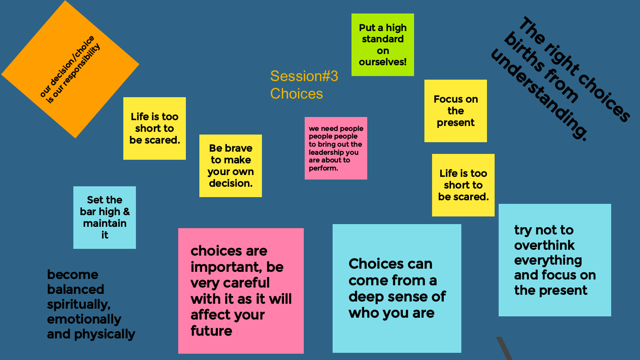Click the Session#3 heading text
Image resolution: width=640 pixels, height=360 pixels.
[304, 76]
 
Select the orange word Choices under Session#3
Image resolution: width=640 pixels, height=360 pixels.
[297, 94]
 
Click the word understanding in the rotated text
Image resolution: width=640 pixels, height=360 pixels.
[539, 95]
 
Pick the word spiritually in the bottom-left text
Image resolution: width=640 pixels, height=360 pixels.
[79, 305]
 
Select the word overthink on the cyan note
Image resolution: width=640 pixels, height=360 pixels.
[544, 245]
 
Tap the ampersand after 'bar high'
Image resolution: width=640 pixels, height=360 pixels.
[126, 211]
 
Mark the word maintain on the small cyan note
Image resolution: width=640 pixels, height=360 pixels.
[104, 223]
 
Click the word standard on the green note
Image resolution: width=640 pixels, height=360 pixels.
[383, 39]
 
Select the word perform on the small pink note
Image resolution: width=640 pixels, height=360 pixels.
[323, 169]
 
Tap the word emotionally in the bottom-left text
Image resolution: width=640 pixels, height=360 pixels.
[84, 319]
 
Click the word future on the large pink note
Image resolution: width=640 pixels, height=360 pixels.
[212, 331]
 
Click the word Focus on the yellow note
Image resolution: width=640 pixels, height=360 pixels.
[446, 99]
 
